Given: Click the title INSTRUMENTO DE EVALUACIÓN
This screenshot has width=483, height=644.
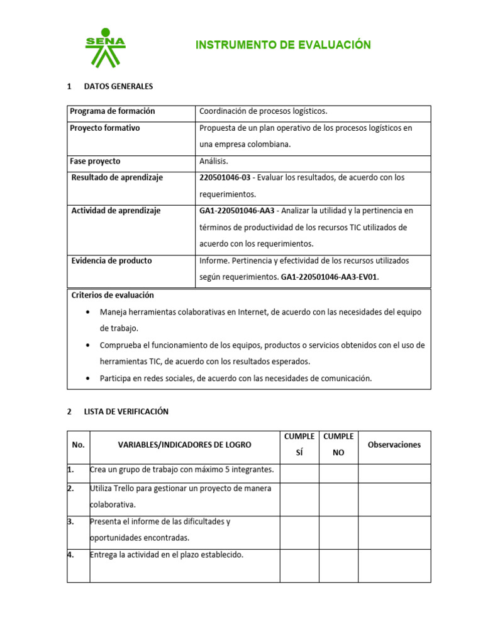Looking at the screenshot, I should [x=283, y=45].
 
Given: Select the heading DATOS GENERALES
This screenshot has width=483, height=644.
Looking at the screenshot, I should [x=118, y=86].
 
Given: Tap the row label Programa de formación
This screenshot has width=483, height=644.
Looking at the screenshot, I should [x=113, y=111].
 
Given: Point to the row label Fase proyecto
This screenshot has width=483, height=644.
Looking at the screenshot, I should [x=95, y=161].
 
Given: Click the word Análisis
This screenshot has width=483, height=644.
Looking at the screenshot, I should [x=214, y=161].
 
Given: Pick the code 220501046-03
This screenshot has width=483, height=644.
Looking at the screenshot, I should [x=225, y=178].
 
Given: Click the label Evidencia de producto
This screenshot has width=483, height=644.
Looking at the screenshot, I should [x=111, y=260].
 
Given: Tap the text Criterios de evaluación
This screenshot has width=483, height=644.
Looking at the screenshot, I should [x=113, y=295].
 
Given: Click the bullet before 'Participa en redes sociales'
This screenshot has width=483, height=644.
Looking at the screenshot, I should [x=87, y=379].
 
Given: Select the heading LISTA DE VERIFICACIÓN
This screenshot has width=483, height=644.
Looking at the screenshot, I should [x=126, y=412].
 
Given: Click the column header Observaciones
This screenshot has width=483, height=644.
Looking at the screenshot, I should [x=394, y=445].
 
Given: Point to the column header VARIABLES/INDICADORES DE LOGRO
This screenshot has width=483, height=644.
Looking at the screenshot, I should [x=184, y=445].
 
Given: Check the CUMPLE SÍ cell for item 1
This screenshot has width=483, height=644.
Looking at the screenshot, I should [x=299, y=474].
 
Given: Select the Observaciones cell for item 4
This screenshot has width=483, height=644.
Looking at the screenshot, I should [x=394, y=565].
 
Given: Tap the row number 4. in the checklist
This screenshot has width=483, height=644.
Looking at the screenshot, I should [x=71, y=555].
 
